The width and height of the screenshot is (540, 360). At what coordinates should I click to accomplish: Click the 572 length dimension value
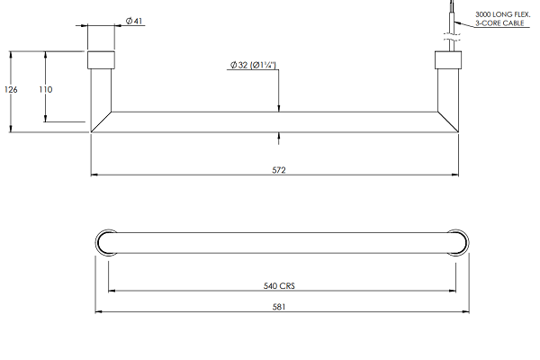tap(279, 170)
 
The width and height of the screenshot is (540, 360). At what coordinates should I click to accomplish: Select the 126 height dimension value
tap(11, 90)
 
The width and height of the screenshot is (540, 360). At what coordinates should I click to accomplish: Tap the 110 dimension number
tap(46, 90)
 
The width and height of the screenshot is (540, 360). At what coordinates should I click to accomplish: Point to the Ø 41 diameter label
tap(134, 21)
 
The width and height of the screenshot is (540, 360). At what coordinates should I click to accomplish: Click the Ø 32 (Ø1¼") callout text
tap(253, 65)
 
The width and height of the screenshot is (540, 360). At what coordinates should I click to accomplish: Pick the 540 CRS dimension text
tap(279, 286)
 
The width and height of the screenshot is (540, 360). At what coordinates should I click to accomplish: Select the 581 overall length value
tap(279, 307)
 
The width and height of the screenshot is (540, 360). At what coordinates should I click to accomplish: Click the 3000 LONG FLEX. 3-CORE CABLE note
tap(502, 19)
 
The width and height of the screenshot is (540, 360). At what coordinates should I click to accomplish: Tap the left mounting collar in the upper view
tap(101, 60)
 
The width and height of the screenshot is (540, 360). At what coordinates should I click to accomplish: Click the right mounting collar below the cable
tap(448, 60)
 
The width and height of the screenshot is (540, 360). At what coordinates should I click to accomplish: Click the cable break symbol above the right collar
tap(452, 37)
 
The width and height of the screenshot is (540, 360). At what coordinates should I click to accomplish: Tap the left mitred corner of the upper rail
tap(101, 122)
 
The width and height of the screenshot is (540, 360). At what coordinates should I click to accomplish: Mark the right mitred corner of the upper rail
tap(448, 122)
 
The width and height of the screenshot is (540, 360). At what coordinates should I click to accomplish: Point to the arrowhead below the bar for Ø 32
tap(279, 136)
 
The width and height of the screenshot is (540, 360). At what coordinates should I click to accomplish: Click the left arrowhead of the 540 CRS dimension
tap(112, 291)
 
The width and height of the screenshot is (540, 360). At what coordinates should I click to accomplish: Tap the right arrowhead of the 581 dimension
tap(465, 311)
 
